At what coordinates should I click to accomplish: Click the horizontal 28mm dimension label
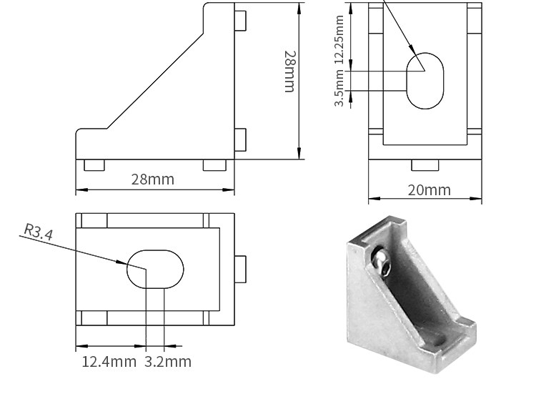point(152,179)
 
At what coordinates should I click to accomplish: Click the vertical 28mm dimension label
point(290,72)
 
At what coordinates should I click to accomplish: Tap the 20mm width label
point(430,189)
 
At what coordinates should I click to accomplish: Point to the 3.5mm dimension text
point(339,88)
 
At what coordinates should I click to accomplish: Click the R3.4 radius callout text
point(39,232)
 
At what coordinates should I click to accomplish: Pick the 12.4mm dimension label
point(109,362)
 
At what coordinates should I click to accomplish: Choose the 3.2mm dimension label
point(167,362)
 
